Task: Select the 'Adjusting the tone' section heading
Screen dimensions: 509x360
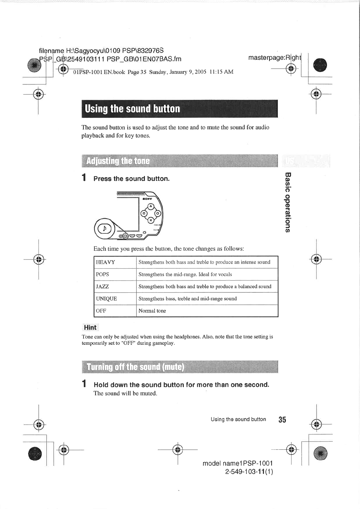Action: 118,161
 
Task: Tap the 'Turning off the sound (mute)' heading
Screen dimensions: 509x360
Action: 135,367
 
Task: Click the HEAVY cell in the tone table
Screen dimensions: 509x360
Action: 106,262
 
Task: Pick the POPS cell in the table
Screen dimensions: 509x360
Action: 103,274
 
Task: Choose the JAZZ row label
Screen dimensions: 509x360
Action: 103,286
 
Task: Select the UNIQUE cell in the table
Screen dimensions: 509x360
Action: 106,299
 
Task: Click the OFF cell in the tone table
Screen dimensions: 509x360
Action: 101,311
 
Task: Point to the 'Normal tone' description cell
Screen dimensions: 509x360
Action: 152,311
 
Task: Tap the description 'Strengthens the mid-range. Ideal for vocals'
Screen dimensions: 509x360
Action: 185,274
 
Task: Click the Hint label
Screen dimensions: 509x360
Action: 90,327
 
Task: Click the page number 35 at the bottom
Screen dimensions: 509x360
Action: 282,419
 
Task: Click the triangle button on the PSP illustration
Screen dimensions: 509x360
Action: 150,207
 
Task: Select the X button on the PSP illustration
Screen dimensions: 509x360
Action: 150,220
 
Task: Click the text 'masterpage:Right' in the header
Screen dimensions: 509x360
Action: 274,57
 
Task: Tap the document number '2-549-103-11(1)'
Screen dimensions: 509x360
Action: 249,472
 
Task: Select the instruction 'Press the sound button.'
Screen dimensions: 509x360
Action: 131,179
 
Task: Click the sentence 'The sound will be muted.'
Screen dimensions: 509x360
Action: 125,393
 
